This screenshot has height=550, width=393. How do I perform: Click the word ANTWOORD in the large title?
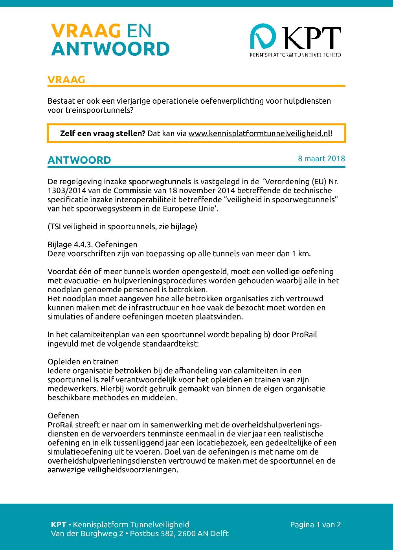[x=110, y=49]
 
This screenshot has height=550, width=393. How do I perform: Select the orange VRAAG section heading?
[x=66, y=80]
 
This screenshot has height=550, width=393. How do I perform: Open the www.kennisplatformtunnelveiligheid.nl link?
[x=259, y=133]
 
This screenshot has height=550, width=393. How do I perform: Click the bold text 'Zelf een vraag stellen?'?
[x=103, y=133]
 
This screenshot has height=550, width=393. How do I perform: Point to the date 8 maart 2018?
[x=321, y=159]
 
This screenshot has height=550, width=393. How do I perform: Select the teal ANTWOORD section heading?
[x=79, y=160]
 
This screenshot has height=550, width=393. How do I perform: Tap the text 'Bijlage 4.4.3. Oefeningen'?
[x=92, y=245]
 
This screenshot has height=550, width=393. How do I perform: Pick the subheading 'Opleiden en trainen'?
[x=83, y=362]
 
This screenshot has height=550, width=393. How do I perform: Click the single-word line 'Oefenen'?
[x=63, y=416]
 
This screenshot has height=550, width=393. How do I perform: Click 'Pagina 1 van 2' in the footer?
[x=315, y=525]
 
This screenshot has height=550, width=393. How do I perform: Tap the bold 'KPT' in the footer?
[x=58, y=525]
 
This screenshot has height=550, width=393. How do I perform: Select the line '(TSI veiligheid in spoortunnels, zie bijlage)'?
[x=122, y=227]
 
